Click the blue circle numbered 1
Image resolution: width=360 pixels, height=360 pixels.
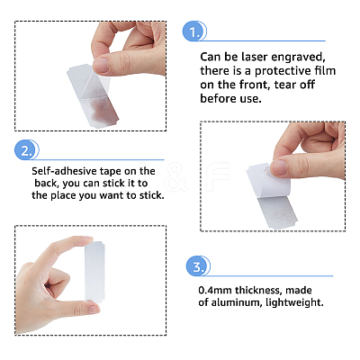pyautogui.click(x=193, y=31)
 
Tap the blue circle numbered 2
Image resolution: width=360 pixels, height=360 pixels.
pyautogui.click(x=26, y=150)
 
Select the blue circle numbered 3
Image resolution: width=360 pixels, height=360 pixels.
pyautogui.click(x=197, y=266)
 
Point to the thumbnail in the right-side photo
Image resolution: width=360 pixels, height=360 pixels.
pyautogui.click(x=279, y=167)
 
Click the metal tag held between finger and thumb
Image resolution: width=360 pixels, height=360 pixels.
pyautogui.click(x=94, y=272)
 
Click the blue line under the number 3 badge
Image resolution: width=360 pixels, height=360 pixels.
pyautogui.click(x=268, y=276)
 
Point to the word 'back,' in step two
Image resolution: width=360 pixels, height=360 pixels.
pyautogui.click(x=47, y=184)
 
